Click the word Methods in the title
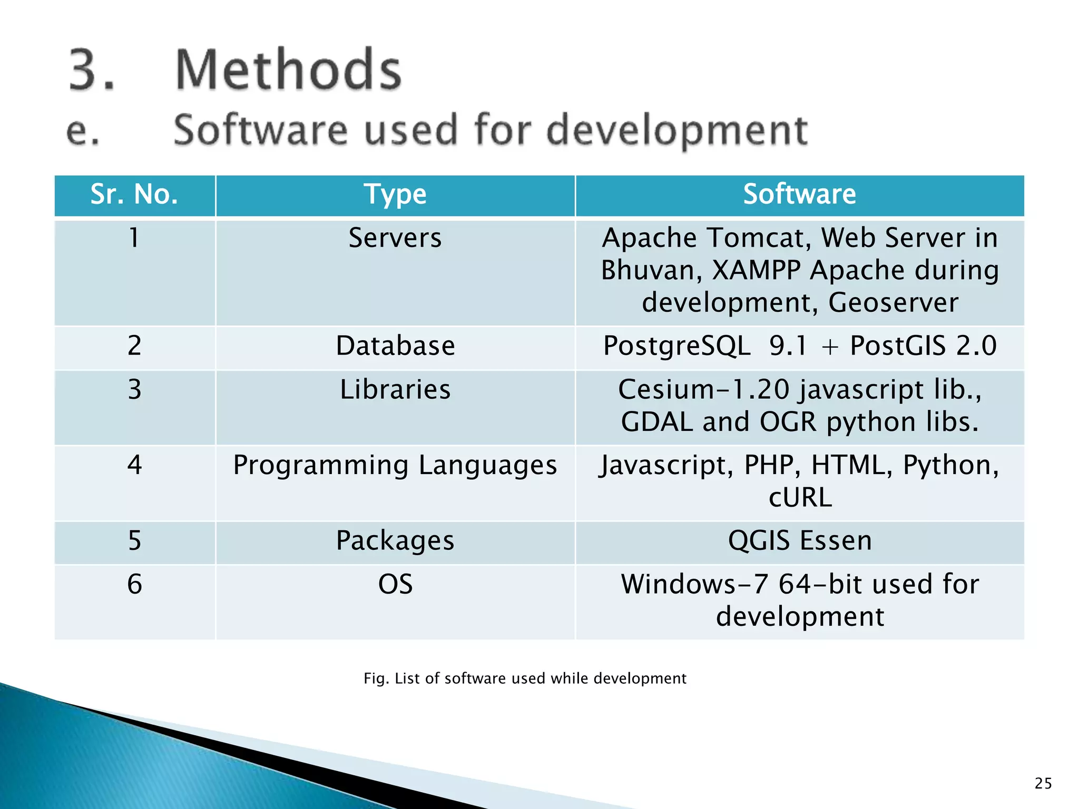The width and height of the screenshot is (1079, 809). tap(288, 70)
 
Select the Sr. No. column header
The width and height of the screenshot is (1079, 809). tap(134, 194)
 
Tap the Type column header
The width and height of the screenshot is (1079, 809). tap(395, 194)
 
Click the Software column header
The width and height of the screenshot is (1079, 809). tap(799, 194)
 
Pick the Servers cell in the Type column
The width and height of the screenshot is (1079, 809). tap(395, 238)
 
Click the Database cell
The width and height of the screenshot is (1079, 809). tap(395, 346)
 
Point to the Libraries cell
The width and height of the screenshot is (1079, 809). tap(395, 390)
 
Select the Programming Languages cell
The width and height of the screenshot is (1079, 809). tap(395, 466)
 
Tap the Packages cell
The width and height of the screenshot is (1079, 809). tap(395, 541)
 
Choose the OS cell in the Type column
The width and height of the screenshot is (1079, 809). tap(395, 585)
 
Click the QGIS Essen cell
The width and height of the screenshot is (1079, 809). tap(799, 541)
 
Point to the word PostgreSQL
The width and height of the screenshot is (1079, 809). tap(676, 347)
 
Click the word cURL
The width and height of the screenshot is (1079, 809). tap(800, 498)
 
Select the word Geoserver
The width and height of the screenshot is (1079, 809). tap(893, 303)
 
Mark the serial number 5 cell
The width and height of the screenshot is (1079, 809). tap(134, 541)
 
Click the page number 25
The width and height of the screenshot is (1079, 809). tap(1043, 783)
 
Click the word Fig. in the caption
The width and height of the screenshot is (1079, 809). tap(376, 678)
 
